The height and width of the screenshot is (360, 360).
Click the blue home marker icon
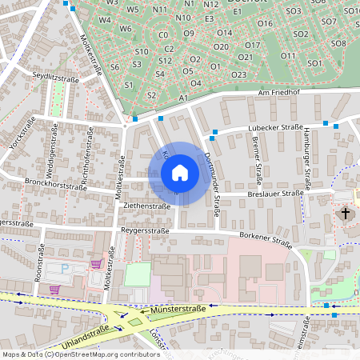tap(180, 172)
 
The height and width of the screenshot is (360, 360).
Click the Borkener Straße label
tap(265, 238)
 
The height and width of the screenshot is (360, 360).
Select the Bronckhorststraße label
tap(55, 183)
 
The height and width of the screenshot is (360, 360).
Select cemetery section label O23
tap(238, 74)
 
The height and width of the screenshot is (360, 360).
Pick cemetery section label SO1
tap(314, 62)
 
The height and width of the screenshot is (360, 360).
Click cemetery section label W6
tap(126, 28)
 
